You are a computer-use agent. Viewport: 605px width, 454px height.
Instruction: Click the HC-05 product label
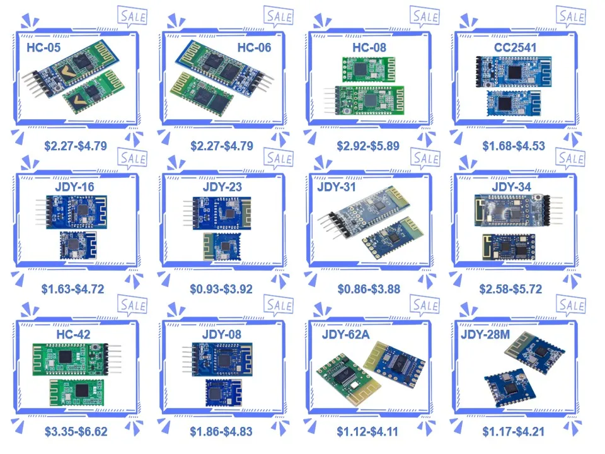tap(42, 47)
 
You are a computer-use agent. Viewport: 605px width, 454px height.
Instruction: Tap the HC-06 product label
tap(253, 47)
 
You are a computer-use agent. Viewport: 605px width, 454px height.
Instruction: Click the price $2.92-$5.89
tap(368, 146)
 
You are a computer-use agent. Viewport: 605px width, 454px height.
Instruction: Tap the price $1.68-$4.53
tap(514, 146)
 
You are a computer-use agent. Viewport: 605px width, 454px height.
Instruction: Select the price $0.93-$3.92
tap(221, 289)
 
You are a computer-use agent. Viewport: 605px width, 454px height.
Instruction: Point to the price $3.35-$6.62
tap(76, 432)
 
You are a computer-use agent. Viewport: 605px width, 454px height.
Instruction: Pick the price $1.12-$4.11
tap(368, 432)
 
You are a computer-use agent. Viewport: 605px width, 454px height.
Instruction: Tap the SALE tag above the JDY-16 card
tap(132, 158)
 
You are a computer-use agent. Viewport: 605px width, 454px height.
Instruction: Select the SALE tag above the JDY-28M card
tap(572, 306)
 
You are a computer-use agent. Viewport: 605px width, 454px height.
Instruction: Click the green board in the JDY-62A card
tap(338, 380)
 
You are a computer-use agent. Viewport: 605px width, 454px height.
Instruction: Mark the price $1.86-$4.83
tap(221, 432)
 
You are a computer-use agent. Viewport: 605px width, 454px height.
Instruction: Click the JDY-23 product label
tap(222, 187)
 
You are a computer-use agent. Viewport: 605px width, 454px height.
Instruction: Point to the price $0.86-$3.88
tap(368, 289)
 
